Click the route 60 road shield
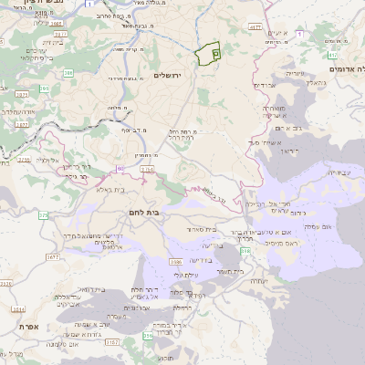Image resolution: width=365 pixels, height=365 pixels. point(120,169)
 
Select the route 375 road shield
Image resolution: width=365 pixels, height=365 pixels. point(43,215)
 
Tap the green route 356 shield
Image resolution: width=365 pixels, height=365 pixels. point(149,337)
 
